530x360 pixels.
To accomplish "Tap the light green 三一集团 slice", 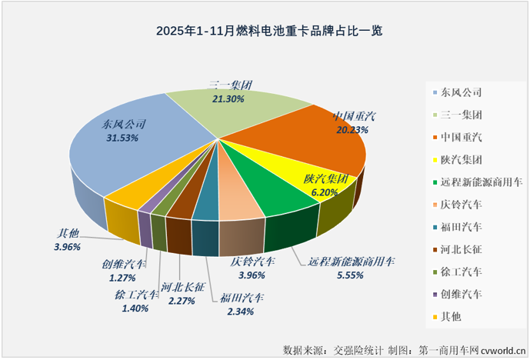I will click(231, 115).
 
